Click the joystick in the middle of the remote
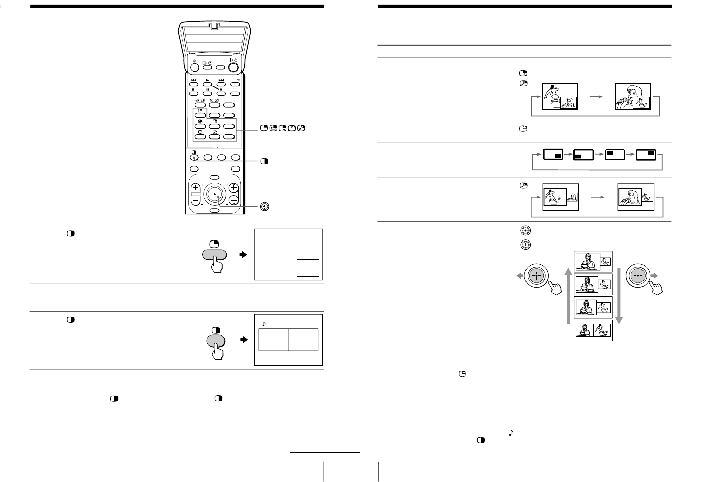click(214, 194)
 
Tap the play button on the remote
click(207, 82)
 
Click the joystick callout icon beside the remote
click(264, 206)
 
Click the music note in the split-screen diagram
click(263, 324)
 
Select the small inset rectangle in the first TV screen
click(307, 267)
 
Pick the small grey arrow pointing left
click(518, 275)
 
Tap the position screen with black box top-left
click(615, 155)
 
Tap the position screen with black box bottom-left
click(584, 155)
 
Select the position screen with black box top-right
click(646, 155)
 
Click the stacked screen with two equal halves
click(593, 330)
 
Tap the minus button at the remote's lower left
click(195, 200)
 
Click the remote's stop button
click(193, 92)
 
